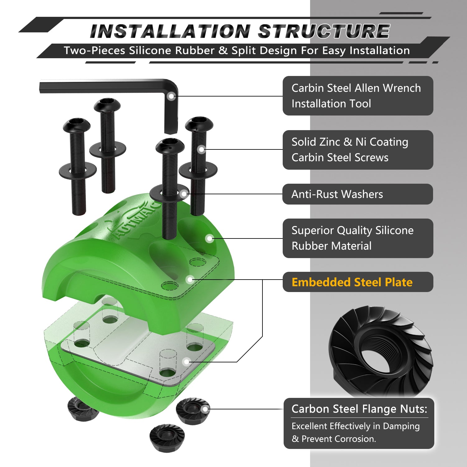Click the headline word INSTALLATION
pos(170,31)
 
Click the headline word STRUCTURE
pos(324,31)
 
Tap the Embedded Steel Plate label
pos(352,282)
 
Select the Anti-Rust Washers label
pos(337,194)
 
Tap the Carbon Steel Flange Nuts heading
pos(359,409)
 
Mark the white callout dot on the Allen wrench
pos(171,96)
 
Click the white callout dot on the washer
pos(184,194)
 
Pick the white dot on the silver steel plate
pos(186,361)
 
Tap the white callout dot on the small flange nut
pos(205,409)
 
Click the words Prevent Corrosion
pos(338,439)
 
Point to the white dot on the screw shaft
pos(201,149)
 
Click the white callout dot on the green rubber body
pos(210,239)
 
